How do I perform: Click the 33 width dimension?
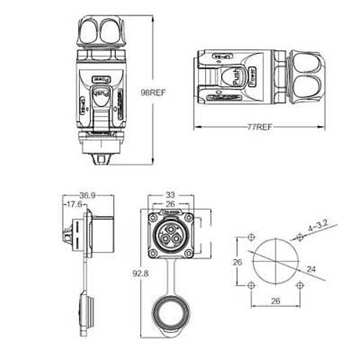pyautogui.click(x=171, y=194)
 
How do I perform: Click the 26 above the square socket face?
pyautogui.click(x=171, y=204)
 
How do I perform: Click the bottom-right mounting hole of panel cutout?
pyautogui.click(x=299, y=286)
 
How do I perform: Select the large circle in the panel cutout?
pyautogui.click(x=274, y=262)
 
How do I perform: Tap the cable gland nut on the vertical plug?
pyautogui.click(x=103, y=29)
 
